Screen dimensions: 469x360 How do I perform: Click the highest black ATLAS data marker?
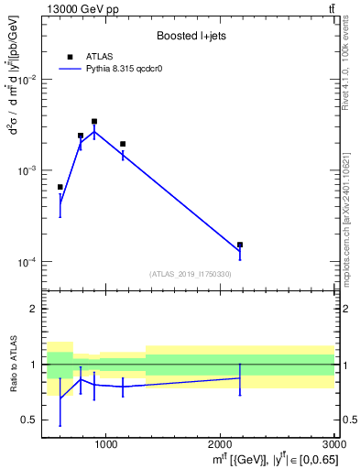pos(94,121)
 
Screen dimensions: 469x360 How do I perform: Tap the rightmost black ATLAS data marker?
pos(240,245)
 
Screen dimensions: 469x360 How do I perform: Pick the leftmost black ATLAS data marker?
pos(60,187)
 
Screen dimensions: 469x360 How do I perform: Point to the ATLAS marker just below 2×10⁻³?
pos(123,144)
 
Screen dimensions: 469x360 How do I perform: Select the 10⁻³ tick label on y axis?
pos(28,171)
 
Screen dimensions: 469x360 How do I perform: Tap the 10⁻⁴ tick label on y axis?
pos(28,262)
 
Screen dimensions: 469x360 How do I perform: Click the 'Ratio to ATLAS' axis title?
pos(13,364)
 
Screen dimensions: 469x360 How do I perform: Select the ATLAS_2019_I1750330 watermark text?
pos(191,274)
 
